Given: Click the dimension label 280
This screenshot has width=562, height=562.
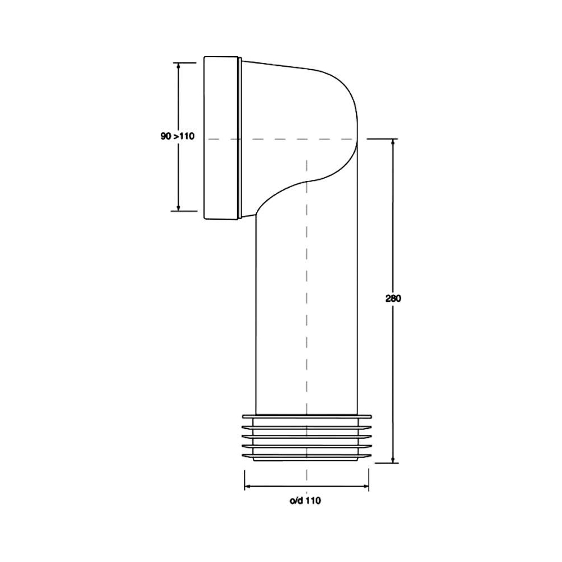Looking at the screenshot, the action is point(393,298).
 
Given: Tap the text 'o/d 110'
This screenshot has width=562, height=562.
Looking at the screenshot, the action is point(305,501).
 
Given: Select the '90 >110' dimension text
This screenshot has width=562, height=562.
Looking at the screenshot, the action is point(177,136).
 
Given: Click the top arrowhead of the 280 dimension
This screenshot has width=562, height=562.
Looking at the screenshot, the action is point(393,142).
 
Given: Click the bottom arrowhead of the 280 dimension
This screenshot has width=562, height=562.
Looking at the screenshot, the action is point(393,460).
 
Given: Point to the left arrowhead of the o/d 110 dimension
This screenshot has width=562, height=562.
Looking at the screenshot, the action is point(247,486).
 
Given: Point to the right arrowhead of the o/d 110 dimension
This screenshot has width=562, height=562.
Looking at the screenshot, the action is point(366,486).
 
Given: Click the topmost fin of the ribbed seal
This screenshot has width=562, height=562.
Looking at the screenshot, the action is point(307,416).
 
